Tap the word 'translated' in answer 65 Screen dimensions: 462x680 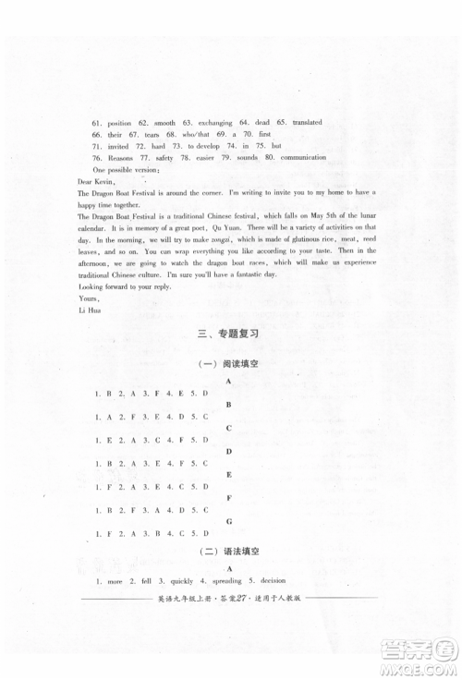tap(309, 123)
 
